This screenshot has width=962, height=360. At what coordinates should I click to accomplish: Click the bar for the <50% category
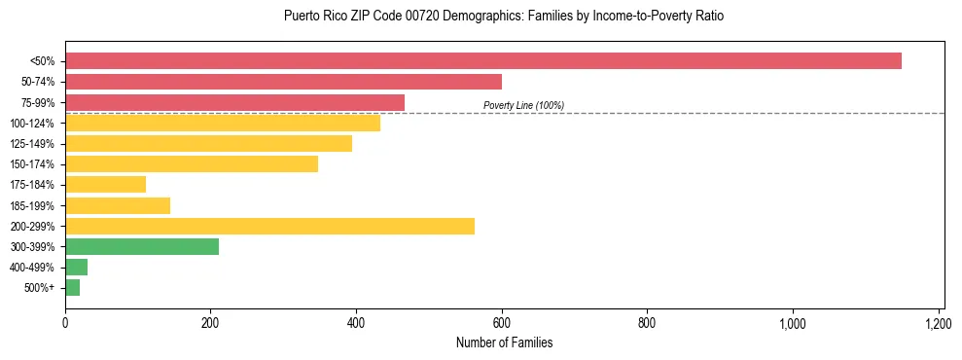[483, 61]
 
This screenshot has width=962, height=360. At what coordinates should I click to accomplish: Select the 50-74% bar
[283, 82]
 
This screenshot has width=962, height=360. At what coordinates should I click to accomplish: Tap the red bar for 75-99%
[234, 102]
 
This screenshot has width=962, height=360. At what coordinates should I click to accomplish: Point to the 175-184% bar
[105, 185]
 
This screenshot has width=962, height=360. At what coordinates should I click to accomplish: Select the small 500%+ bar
[72, 288]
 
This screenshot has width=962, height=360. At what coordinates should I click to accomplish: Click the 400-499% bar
[76, 268]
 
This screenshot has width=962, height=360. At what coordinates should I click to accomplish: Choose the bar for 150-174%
[192, 164]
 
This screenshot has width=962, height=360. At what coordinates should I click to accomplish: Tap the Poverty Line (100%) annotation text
[523, 105]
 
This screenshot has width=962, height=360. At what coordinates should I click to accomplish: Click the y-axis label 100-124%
[32, 124]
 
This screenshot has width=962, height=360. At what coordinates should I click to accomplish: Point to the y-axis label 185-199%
[32, 206]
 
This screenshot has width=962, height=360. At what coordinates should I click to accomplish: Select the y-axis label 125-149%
[32, 144]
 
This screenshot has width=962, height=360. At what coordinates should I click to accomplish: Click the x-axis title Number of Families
[504, 343]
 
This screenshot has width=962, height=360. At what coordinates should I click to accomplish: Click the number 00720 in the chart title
[399, 17]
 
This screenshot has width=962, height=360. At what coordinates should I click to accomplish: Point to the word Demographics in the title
[458, 17]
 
